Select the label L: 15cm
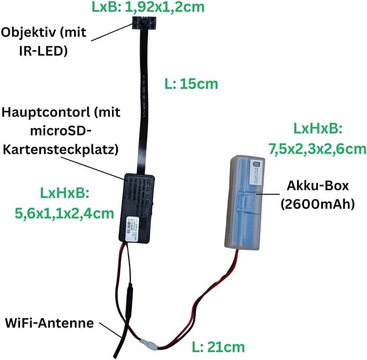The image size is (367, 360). point(190,84)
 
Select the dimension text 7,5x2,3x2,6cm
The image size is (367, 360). point(317,149)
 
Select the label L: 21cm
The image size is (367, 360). point(217,346)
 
